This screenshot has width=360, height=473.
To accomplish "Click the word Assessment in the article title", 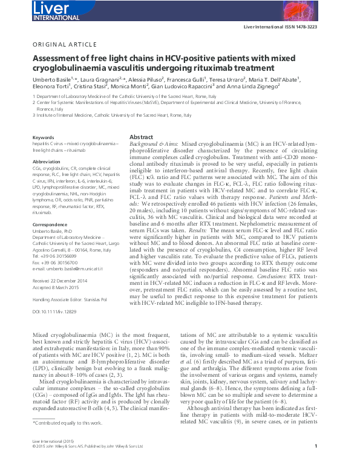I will click(56, 59).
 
